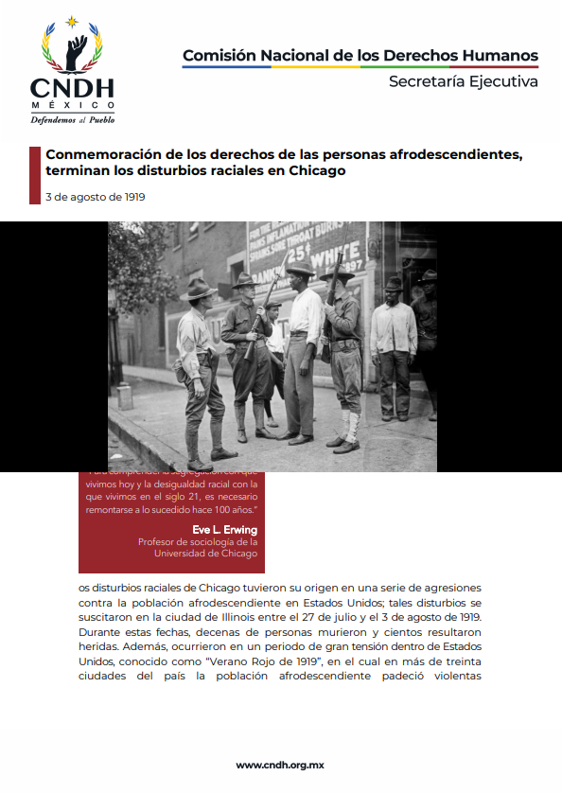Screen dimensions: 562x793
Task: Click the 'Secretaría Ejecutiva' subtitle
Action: [464, 81]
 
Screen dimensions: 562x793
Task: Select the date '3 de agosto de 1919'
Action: [95, 197]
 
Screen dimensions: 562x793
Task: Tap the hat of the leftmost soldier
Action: [199, 287]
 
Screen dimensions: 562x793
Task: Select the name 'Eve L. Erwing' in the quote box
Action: [224, 529]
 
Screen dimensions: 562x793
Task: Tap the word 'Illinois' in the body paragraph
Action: [250, 616]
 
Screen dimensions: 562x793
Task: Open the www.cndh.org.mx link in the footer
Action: [280, 765]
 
